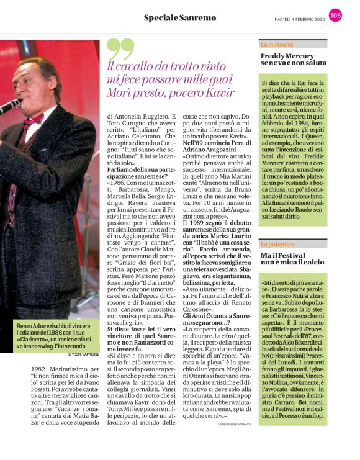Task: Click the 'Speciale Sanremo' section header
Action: tap(180, 17)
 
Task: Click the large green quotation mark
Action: tap(119, 49)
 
